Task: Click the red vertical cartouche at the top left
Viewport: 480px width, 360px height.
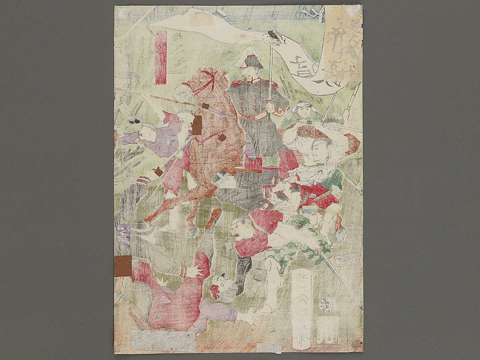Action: click(160, 57)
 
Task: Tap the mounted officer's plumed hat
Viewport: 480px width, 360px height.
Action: click(252, 61)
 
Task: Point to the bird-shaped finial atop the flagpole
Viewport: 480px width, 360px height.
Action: click(273, 35)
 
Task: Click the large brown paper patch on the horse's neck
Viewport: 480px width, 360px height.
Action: click(197, 125)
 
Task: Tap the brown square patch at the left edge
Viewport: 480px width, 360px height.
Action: click(123, 265)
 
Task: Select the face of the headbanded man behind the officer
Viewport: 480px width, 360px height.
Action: click(304, 111)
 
